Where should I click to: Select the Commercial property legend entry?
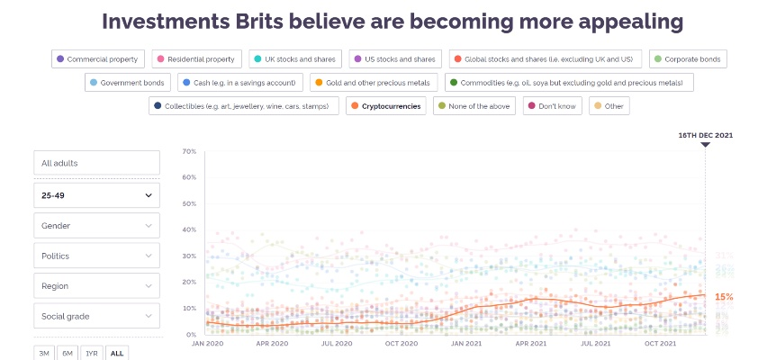[97, 59]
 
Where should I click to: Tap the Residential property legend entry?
[195, 59]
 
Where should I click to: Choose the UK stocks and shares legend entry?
[294, 59]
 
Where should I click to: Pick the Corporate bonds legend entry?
[689, 59]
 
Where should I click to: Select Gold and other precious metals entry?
[374, 83]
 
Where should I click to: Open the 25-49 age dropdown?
[97, 194]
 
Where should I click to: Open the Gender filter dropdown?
[97, 225]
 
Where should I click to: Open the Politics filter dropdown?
[97, 256]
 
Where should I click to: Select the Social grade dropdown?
[97, 316]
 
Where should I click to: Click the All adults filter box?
[97, 163]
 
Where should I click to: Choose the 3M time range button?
[44, 353]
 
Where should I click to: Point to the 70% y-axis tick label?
[189, 151]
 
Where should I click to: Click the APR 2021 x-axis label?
[532, 343]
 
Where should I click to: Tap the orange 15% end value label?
[724, 296]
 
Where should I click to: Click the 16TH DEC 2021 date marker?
[705, 135]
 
